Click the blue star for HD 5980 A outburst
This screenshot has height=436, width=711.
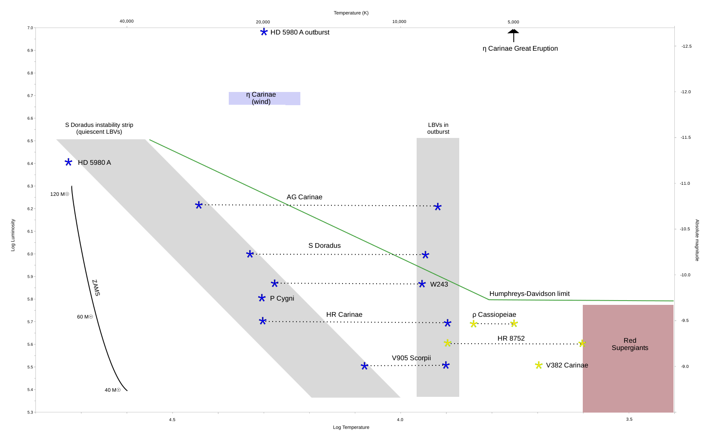pyautogui.click(x=264, y=32)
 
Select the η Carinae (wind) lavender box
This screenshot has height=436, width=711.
pyautogui.click(x=264, y=98)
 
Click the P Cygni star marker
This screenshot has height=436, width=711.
pyautogui.click(x=262, y=298)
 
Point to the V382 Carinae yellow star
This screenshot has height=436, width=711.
pyautogui.click(x=539, y=365)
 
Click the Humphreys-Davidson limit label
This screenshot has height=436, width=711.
pyautogui.click(x=529, y=294)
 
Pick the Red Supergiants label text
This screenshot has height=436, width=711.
pyautogui.click(x=630, y=344)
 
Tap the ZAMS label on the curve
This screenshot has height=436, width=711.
pyautogui.click(x=96, y=288)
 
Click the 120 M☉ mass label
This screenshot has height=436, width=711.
pyautogui.click(x=60, y=194)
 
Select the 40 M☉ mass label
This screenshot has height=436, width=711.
pyautogui.click(x=112, y=390)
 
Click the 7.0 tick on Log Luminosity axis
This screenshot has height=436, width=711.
pyautogui.click(x=30, y=28)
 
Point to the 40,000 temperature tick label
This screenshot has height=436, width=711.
pyautogui.click(x=127, y=21)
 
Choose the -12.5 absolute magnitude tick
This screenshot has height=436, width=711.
pyautogui.click(x=686, y=46)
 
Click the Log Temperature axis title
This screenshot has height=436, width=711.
pyautogui.click(x=351, y=427)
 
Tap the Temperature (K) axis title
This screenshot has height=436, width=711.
pyautogui.click(x=351, y=13)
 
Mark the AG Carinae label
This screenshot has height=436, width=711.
pyautogui.click(x=304, y=197)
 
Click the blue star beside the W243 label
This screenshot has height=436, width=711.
pyautogui.click(x=422, y=284)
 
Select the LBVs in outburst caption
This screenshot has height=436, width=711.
pyautogui.click(x=438, y=128)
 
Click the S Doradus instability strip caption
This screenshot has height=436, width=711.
pyautogui.click(x=99, y=128)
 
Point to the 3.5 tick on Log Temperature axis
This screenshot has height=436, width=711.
pyautogui.click(x=629, y=419)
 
